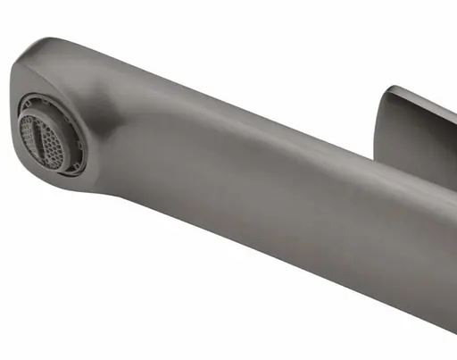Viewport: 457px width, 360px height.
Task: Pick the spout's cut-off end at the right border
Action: pyautogui.click(x=452, y=268)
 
